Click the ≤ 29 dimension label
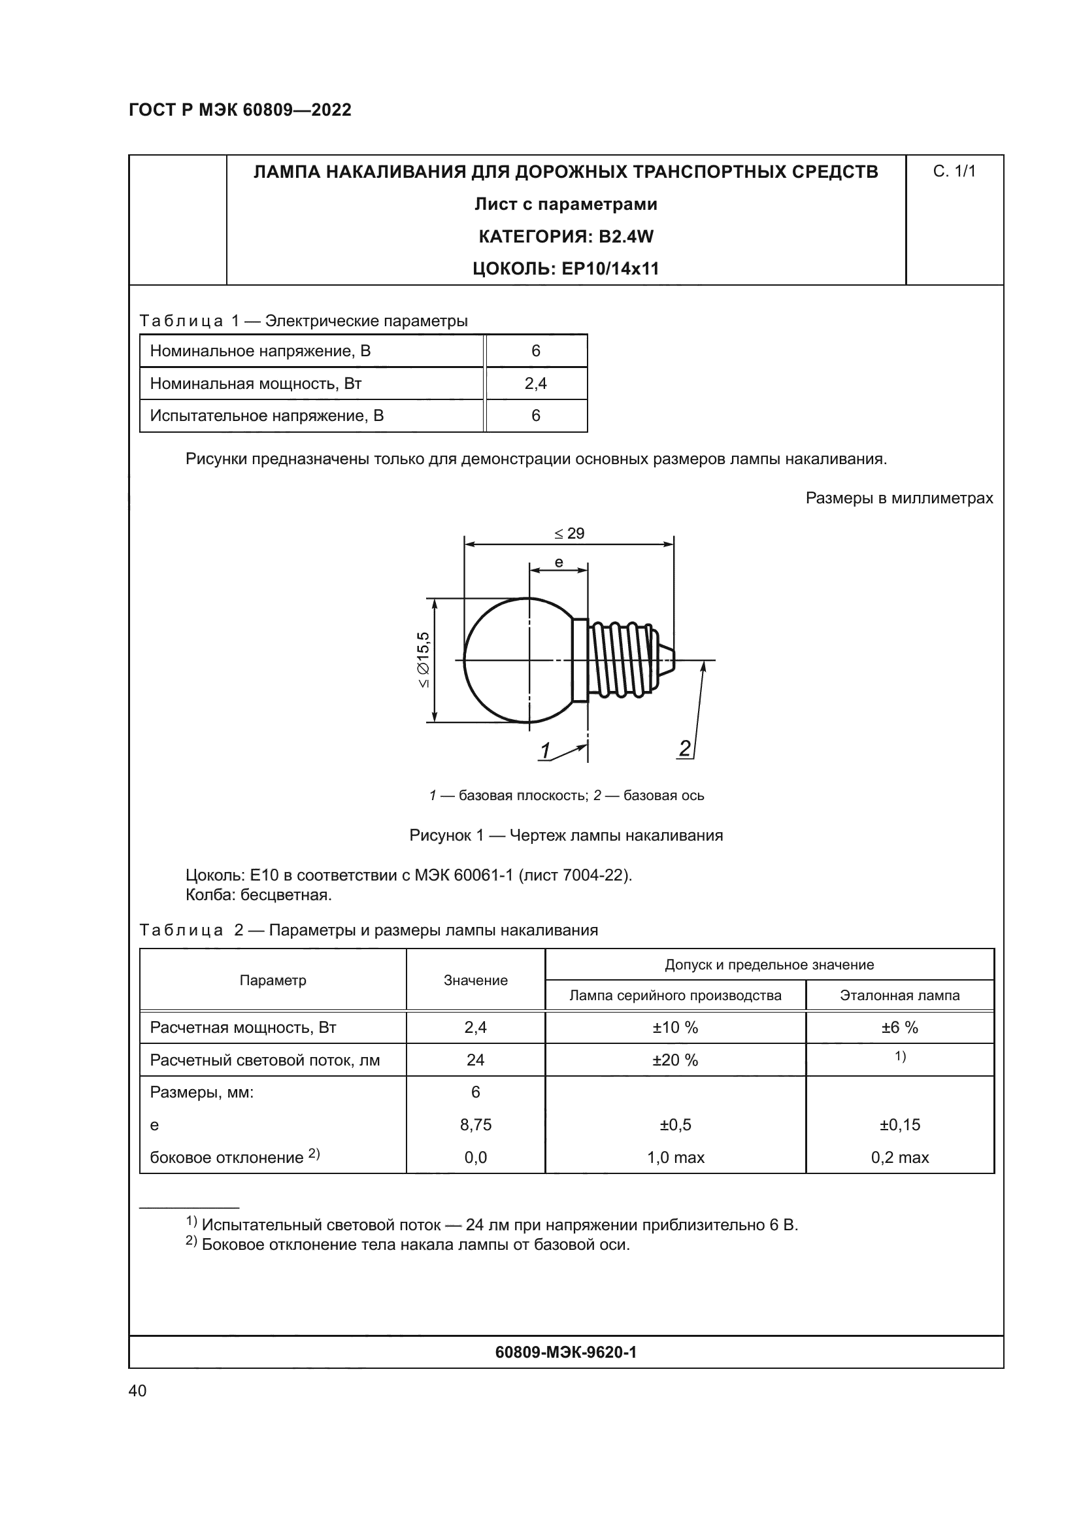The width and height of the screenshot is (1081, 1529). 569,533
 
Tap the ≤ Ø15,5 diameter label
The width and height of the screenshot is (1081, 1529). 424,660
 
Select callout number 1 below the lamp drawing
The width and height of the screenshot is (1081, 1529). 545,750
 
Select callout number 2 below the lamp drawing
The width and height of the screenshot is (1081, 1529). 684,748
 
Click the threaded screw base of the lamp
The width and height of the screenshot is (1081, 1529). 622,660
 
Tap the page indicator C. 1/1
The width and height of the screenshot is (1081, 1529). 954,172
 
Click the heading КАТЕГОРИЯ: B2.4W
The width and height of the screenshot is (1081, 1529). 566,237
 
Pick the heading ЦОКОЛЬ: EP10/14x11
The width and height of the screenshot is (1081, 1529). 566,269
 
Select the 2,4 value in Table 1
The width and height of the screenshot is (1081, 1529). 536,384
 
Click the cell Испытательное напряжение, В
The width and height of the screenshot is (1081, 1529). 267,416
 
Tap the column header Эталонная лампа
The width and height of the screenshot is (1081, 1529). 899,995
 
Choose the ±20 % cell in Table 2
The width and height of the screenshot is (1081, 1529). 675,1060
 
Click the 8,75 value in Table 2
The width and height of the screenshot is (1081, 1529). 475,1125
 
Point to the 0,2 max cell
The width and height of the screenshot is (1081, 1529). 899,1158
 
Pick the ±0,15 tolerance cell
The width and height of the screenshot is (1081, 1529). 899,1125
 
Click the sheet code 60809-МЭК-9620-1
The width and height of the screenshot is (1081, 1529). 566,1352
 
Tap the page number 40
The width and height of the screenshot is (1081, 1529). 138,1390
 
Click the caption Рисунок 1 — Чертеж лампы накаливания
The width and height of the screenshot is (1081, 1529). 566,835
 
